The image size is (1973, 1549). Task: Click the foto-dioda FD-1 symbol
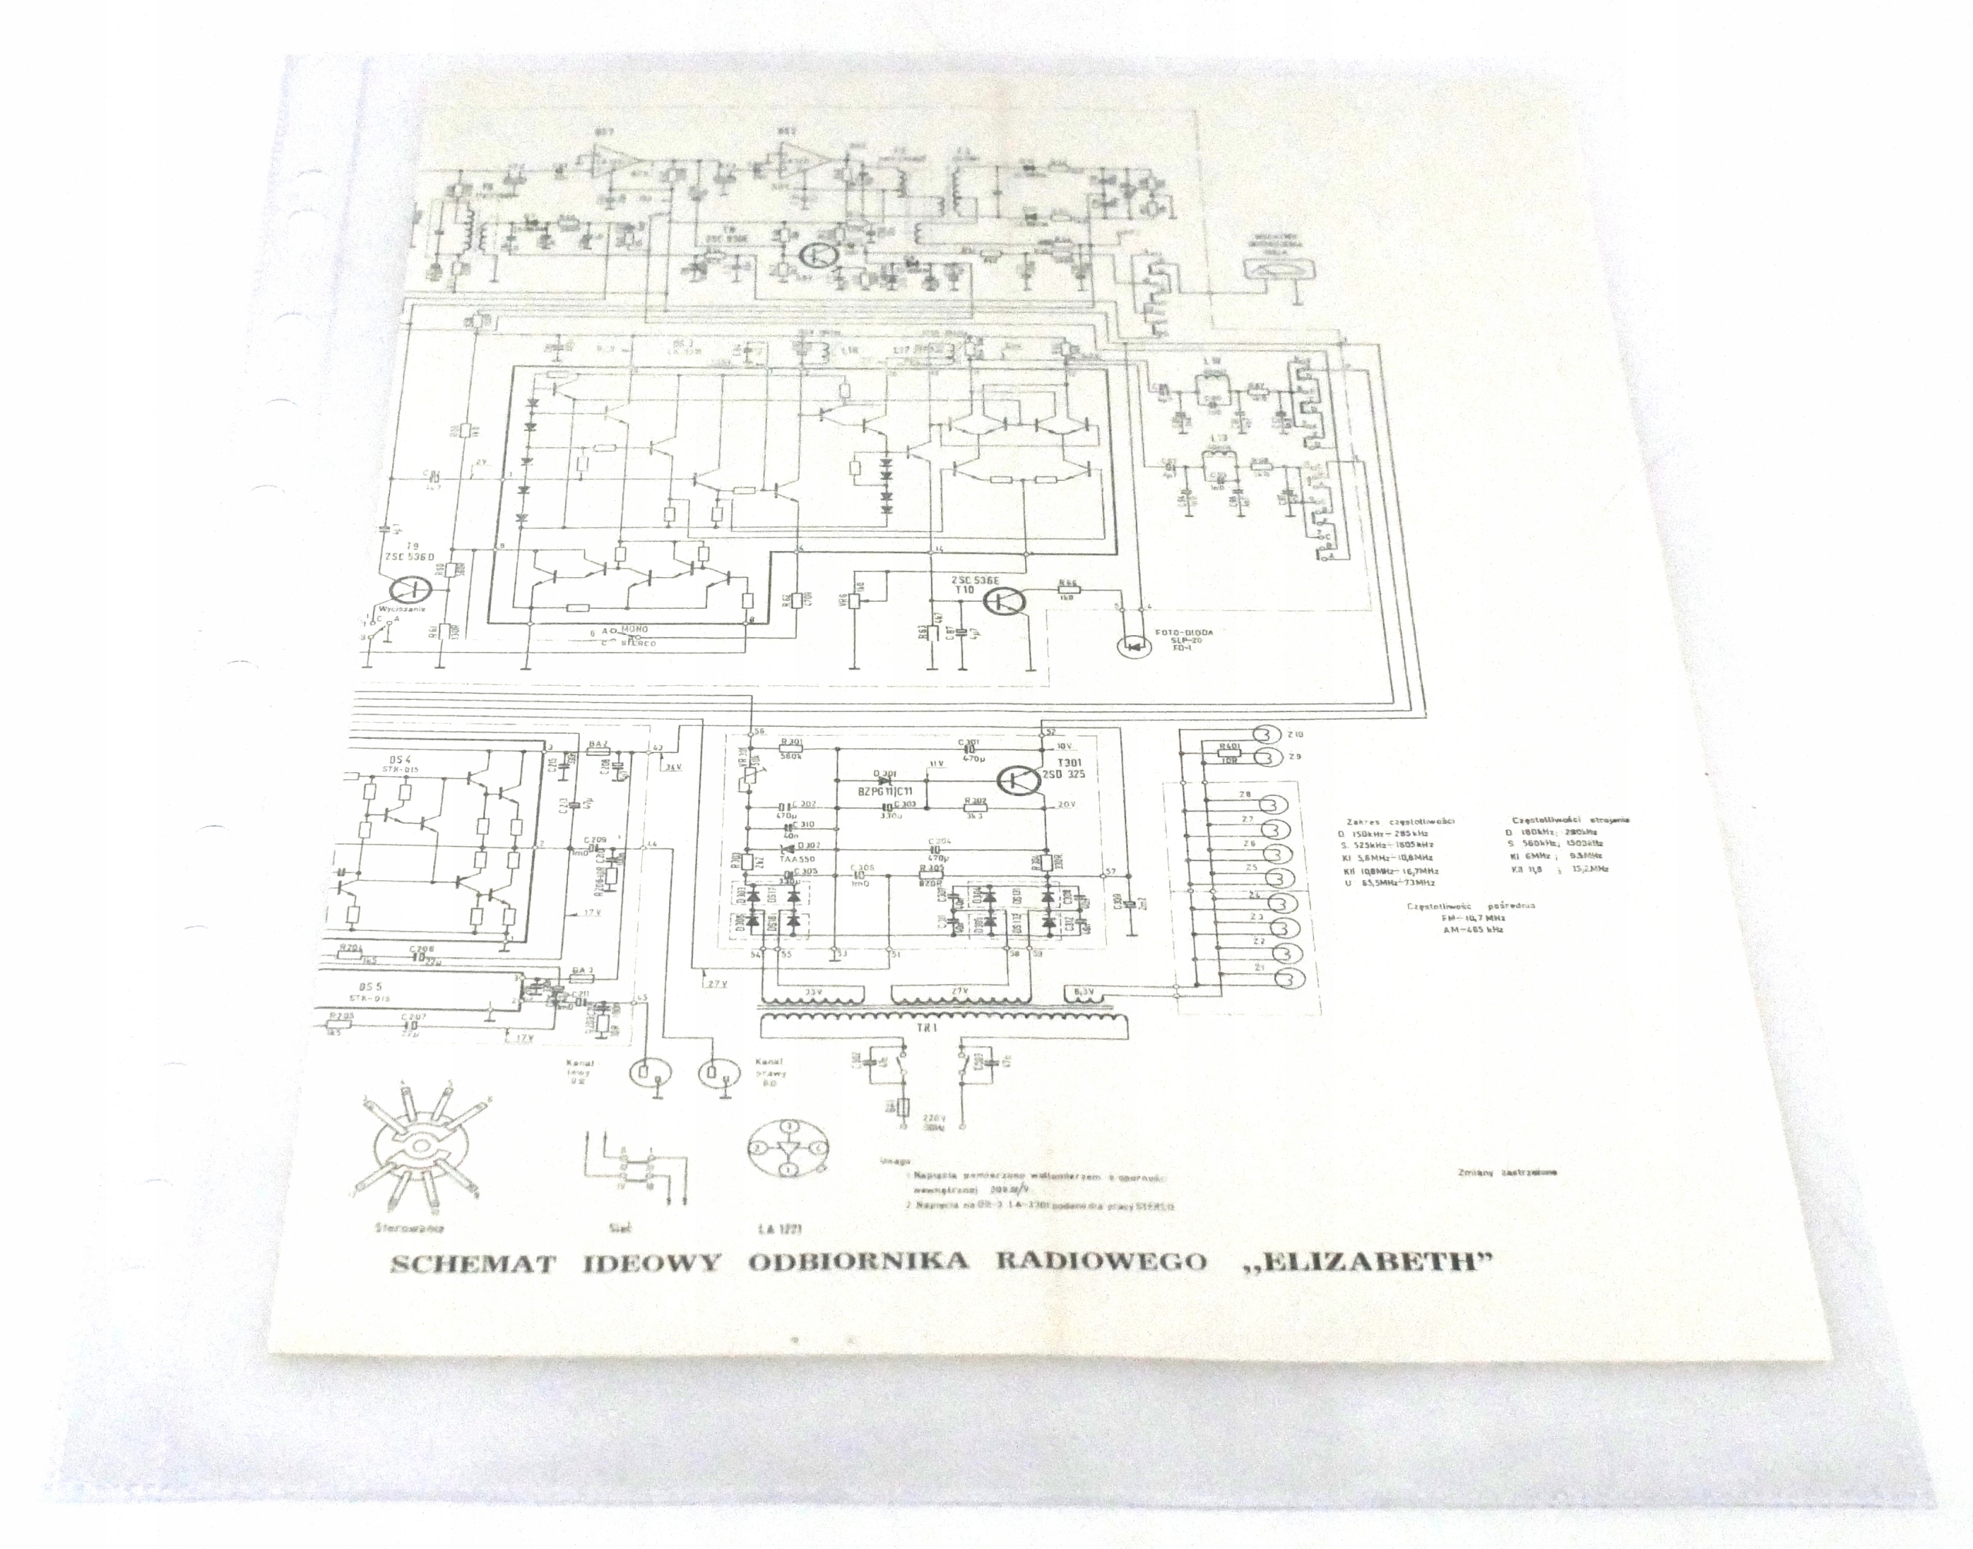pyautogui.click(x=1128, y=647)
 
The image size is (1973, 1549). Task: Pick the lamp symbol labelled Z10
pyautogui.click(x=1263, y=734)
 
